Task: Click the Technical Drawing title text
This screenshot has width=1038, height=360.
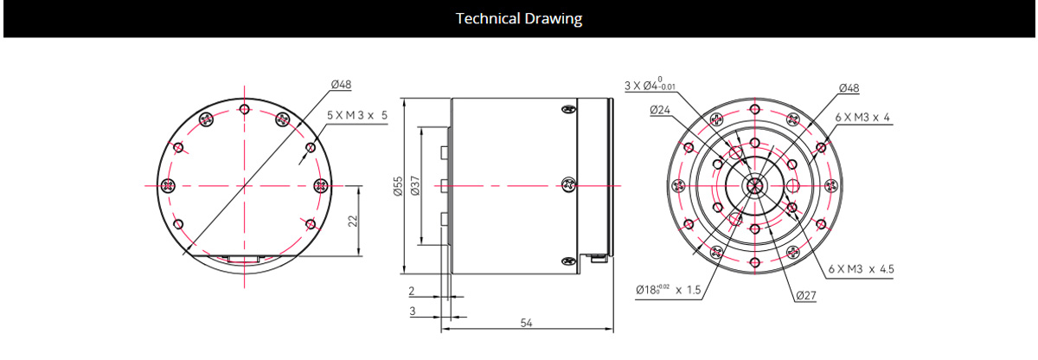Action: (x=519, y=18)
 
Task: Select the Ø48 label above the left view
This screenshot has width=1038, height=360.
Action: (x=342, y=85)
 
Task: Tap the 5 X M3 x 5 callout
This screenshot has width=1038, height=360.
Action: (x=357, y=115)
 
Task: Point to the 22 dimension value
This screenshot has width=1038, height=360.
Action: (x=352, y=221)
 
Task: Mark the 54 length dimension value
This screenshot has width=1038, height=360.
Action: (x=525, y=322)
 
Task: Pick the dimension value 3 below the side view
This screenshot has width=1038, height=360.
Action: (x=413, y=310)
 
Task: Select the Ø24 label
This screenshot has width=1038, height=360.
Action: (x=660, y=110)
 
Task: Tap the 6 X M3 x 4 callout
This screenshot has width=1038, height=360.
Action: (x=862, y=118)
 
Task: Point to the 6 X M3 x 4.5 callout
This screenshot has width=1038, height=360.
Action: (x=861, y=269)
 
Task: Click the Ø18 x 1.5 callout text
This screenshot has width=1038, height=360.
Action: (x=668, y=290)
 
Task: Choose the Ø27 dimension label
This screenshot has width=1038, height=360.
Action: (x=806, y=296)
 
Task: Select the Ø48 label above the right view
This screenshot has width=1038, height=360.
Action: (x=849, y=88)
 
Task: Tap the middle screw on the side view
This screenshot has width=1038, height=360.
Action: (x=568, y=184)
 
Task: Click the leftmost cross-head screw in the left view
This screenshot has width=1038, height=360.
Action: (x=169, y=185)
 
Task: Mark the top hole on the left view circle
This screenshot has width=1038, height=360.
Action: (x=245, y=109)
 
